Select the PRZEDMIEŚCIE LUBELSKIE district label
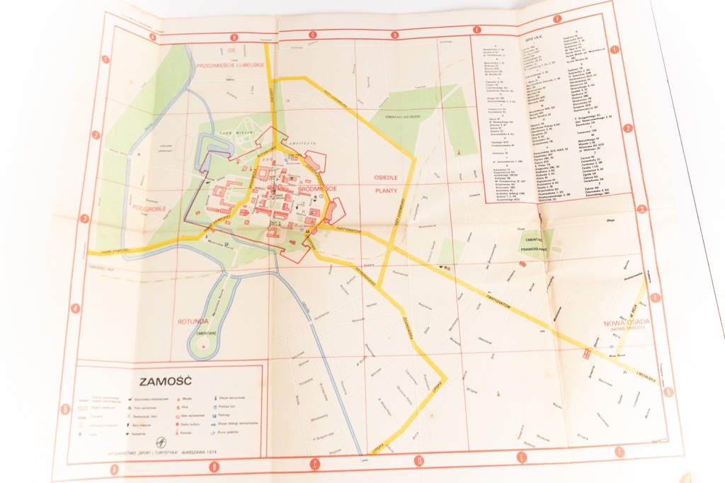click(x=232, y=64)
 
